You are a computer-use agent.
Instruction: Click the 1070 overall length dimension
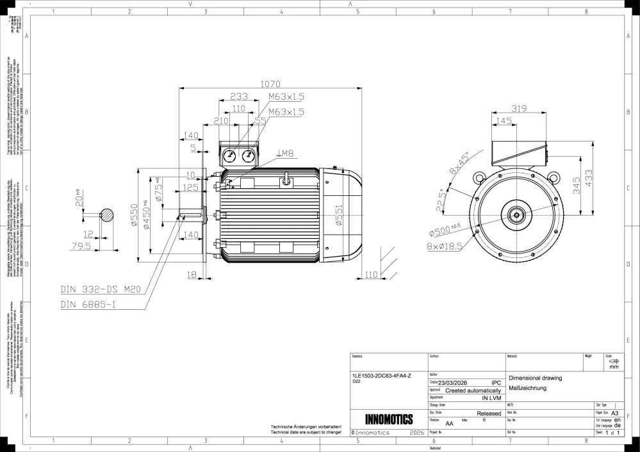coord(270,83)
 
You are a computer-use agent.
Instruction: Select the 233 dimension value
coord(238,96)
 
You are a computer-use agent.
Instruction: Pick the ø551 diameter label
coord(340,214)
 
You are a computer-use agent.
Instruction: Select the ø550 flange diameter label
coord(135,215)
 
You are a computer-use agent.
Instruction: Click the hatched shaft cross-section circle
coord(108,214)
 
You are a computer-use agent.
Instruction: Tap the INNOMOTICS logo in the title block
coord(388,420)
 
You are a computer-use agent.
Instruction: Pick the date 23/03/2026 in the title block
coord(457,383)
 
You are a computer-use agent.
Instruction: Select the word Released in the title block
coord(489,414)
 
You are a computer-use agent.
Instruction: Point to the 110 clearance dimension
coord(371,274)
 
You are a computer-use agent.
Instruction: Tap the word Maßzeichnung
coord(526,388)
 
